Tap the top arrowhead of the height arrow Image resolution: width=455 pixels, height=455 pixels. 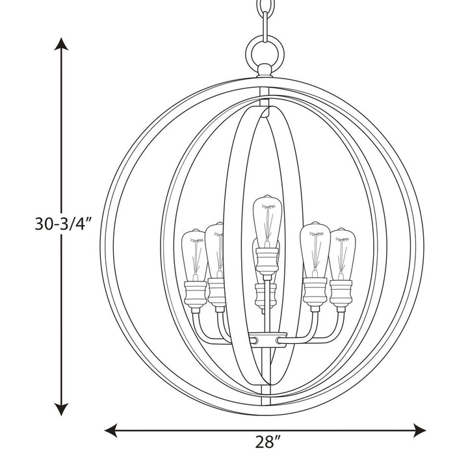pyautogui.click(x=62, y=44)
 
